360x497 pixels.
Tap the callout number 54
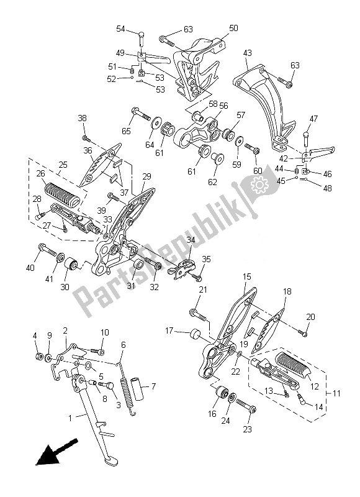[120, 29]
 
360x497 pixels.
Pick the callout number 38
[82, 118]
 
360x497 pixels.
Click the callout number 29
[146, 176]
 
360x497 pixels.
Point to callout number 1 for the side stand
[69, 417]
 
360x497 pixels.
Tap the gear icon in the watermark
[256, 185]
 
